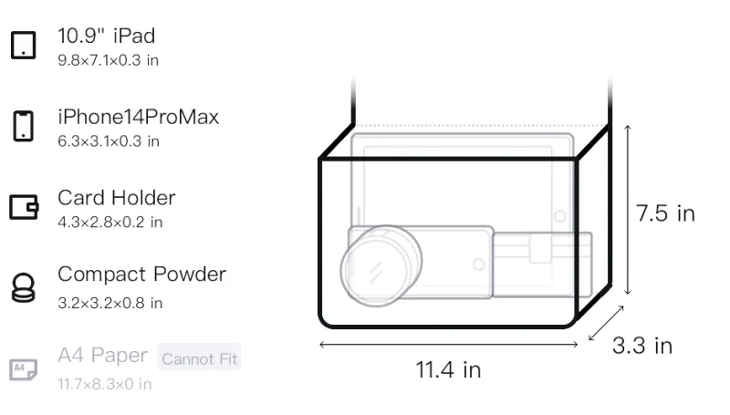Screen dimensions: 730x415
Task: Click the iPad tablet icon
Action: (24, 45)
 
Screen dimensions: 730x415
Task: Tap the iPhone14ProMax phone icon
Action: (24, 126)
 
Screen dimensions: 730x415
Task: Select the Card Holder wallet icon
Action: (24, 206)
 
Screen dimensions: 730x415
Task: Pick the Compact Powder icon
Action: (24, 288)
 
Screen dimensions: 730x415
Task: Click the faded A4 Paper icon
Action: (24, 369)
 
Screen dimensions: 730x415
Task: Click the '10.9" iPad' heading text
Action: (106, 36)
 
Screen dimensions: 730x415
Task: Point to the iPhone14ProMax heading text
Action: (139, 117)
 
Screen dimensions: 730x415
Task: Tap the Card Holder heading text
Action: (117, 198)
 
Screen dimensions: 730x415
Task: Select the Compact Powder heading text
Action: (142, 275)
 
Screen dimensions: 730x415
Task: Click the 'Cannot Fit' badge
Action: (199, 358)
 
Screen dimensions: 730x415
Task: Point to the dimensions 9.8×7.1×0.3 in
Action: (108, 60)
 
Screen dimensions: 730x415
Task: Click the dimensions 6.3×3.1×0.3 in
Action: (109, 141)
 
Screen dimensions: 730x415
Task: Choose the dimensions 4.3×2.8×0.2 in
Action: (109, 223)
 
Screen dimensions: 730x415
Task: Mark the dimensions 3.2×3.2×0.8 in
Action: (109, 304)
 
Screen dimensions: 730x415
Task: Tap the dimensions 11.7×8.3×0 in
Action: (105, 384)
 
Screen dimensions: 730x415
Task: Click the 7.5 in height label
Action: (666, 213)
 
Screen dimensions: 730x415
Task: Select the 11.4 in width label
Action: (448, 370)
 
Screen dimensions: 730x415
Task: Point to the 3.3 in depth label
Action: (642, 346)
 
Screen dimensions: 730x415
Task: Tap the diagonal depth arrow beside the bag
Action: (606, 323)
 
